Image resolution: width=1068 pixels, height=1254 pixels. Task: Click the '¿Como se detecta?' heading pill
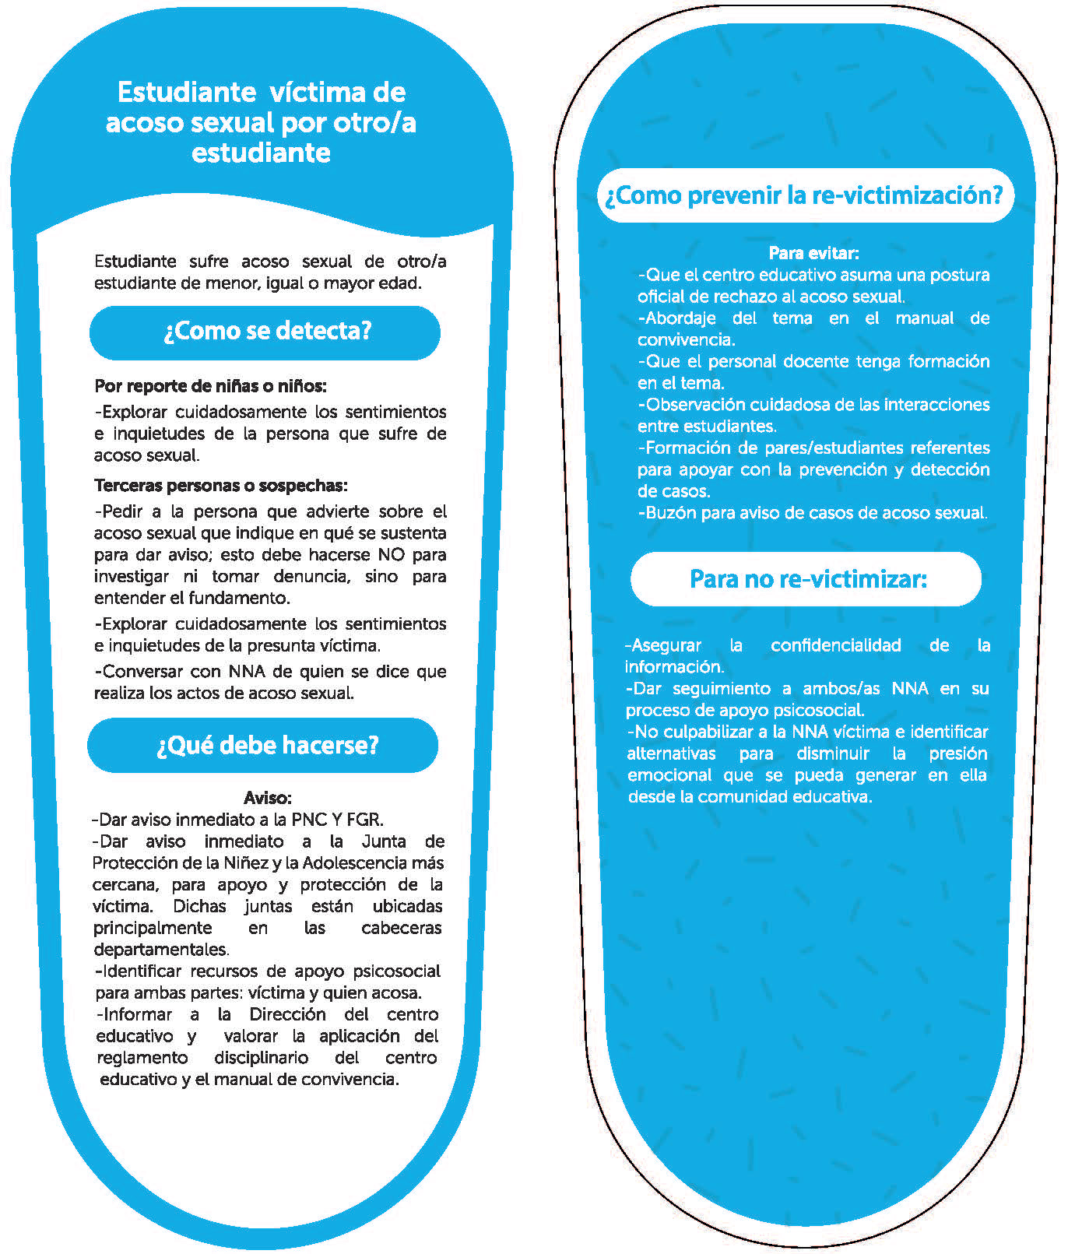coord(265,332)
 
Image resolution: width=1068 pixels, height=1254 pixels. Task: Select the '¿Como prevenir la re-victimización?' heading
coord(804,195)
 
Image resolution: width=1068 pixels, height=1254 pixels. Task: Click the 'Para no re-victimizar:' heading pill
coord(807,579)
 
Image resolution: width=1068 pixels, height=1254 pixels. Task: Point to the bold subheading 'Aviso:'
coord(267,798)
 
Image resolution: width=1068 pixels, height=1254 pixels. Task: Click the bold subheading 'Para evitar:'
coord(813,253)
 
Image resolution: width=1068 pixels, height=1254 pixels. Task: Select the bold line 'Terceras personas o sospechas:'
coord(220,486)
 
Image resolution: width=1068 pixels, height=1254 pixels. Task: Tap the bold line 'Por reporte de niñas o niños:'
coord(210,386)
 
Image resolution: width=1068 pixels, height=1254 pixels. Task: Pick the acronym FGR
coord(364,820)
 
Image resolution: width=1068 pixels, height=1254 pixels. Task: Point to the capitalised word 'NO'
coord(392,555)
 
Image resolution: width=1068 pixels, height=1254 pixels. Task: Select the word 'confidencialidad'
coord(835,645)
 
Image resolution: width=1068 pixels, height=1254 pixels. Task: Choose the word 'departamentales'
coord(160,950)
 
